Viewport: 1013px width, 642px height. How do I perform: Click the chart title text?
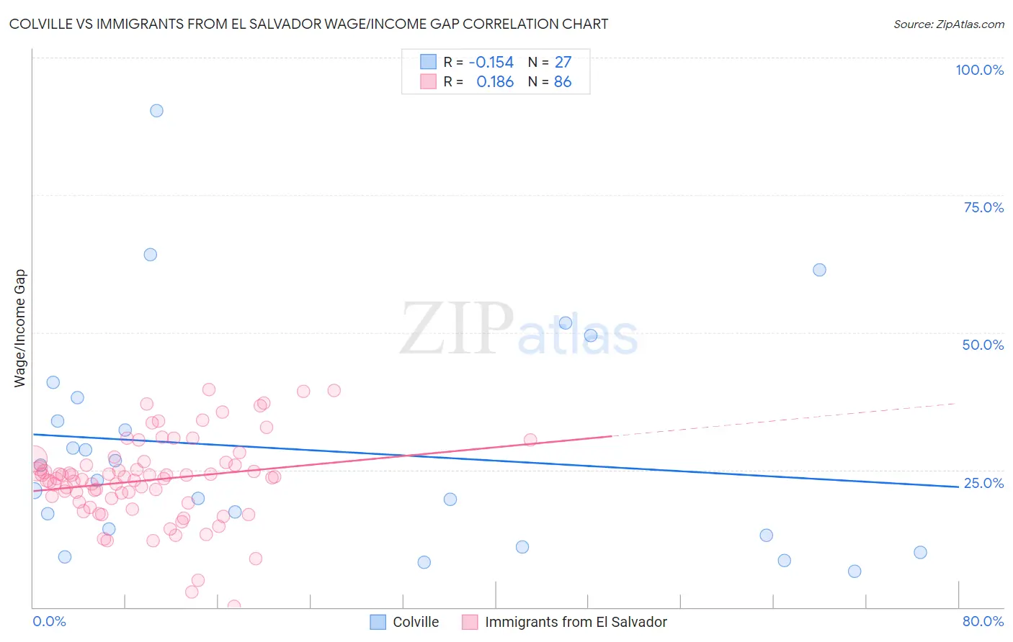(x=308, y=24)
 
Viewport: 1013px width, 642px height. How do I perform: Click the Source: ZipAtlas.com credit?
(x=948, y=24)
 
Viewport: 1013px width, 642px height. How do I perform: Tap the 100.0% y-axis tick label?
(x=979, y=70)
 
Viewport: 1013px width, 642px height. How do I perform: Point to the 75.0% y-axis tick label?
(x=983, y=207)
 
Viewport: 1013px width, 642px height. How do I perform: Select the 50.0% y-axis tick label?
(x=983, y=345)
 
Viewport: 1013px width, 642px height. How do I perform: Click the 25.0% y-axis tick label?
(x=983, y=483)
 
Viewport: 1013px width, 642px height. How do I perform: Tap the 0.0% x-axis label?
(x=49, y=621)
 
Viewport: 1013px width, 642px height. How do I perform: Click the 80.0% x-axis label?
(x=983, y=621)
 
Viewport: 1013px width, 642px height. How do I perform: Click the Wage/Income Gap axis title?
(x=20, y=328)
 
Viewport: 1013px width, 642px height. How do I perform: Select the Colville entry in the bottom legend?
(x=416, y=622)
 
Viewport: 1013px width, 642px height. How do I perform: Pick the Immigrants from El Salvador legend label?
(x=576, y=622)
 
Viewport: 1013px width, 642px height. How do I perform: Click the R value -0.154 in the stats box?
(x=491, y=62)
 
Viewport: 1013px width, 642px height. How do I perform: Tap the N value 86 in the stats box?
(x=563, y=82)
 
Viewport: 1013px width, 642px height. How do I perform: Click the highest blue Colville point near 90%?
(x=156, y=111)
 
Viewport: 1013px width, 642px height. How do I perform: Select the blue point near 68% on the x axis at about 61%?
(x=819, y=270)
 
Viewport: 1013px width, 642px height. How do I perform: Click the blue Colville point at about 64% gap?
(x=150, y=255)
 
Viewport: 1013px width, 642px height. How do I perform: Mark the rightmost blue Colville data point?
(x=920, y=553)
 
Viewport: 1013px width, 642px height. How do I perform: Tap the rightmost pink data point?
(x=530, y=440)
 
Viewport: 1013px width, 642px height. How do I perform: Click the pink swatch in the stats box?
(x=428, y=82)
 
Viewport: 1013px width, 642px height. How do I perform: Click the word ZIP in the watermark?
(x=456, y=329)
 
